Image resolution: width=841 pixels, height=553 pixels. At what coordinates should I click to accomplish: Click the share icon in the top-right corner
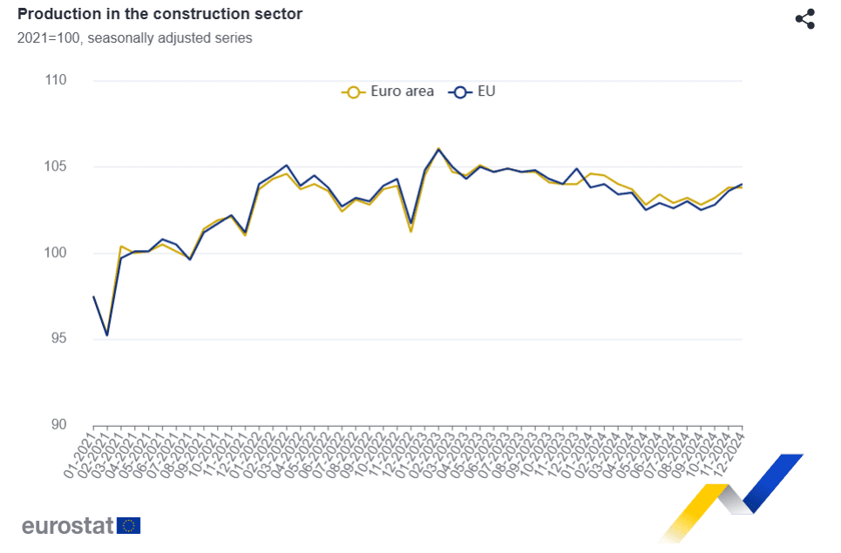point(804,19)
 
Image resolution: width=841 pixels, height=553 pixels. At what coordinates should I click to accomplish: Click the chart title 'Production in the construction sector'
point(160,15)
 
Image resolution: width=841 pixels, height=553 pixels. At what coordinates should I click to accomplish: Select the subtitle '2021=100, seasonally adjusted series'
point(135,38)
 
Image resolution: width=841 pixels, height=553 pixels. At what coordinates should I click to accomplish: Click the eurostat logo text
point(68,525)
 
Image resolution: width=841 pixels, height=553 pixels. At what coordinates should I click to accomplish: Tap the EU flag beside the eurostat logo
point(129,525)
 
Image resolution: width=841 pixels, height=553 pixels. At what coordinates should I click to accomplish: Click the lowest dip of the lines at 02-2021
point(107,335)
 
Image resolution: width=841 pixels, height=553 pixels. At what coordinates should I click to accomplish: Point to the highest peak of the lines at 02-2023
point(438,149)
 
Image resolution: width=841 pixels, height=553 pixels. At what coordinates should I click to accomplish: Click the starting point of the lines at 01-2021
point(93,297)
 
